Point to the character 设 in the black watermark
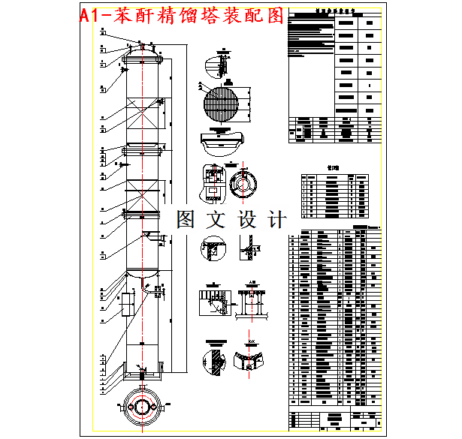[246, 219]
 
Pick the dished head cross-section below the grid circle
[222, 141]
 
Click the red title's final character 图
[276, 14]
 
